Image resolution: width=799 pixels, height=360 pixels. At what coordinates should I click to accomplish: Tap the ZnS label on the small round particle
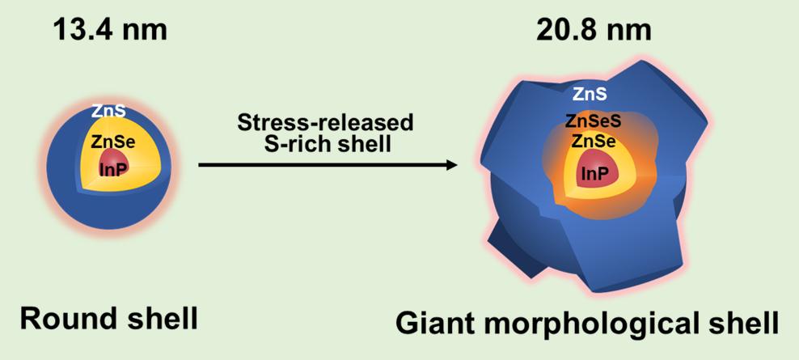[x=108, y=112]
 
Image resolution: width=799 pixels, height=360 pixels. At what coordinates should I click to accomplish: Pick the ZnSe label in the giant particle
[x=594, y=142]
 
